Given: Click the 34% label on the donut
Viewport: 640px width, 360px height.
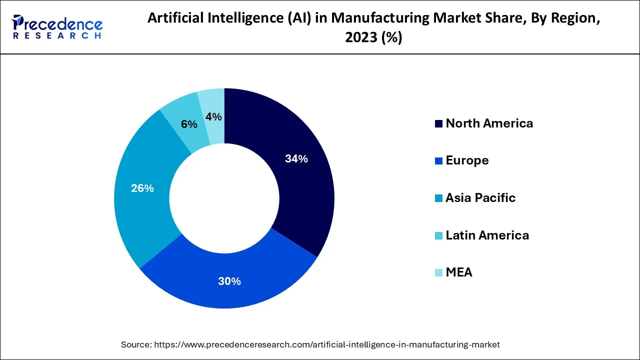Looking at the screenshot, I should pyautogui.click(x=296, y=159).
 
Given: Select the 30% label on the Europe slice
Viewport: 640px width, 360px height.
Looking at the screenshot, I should pyautogui.click(x=229, y=281).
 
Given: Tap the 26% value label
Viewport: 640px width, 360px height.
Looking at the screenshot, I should pyautogui.click(x=142, y=188).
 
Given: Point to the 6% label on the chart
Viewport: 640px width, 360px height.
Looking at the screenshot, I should pyautogui.click(x=189, y=124).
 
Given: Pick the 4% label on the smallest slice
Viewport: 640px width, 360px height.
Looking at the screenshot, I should pyautogui.click(x=213, y=116).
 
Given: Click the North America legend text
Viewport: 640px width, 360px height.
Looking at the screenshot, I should pyautogui.click(x=489, y=123).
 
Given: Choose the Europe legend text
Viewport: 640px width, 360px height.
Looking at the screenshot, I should pyautogui.click(x=467, y=160).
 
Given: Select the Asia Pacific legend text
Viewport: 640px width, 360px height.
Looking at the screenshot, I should pyautogui.click(x=480, y=198).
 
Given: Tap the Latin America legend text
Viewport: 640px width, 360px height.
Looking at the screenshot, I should pyautogui.click(x=487, y=235).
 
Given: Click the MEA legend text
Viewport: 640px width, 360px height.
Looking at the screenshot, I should pyautogui.click(x=458, y=272).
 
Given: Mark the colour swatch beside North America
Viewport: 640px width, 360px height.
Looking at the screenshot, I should pyautogui.click(x=438, y=124).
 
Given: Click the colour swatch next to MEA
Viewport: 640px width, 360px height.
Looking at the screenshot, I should pyautogui.click(x=438, y=273).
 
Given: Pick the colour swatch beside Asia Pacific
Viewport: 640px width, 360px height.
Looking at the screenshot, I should pyautogui.click(x=438, y=198).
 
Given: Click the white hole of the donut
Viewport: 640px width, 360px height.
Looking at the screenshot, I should pyautogui.click(x=224, y=198).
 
